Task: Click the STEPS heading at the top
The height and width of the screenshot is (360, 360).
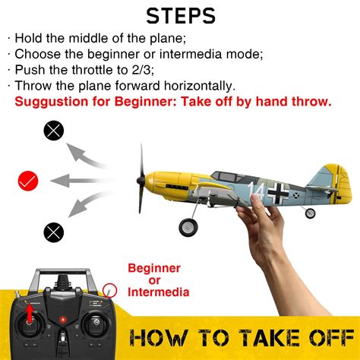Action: coord(180,15)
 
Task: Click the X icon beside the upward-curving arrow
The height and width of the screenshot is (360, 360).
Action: coord(54,132)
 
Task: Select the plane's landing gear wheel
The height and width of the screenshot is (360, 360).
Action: coord(187,226)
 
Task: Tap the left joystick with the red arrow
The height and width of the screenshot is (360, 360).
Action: coord(31,322)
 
